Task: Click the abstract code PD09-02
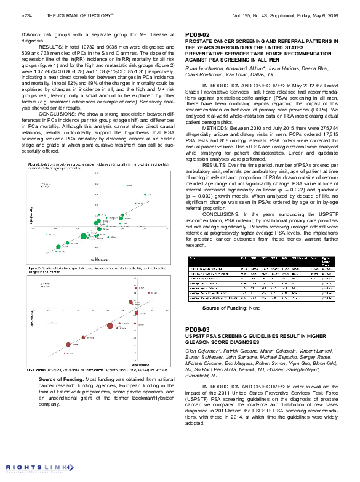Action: [x=198, y=34]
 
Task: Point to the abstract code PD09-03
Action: [x=198, y=330]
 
